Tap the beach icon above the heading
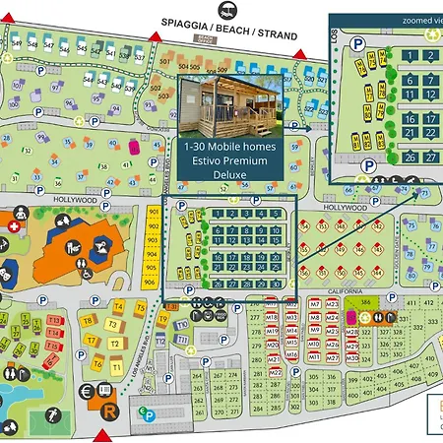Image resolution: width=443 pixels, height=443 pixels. (x=227, y=8)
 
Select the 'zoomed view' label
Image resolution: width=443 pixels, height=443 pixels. (x=397, y=19)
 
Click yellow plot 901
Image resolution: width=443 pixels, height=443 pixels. (x=153, y=212)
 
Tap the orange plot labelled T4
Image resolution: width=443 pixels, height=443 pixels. (x=117, y=306)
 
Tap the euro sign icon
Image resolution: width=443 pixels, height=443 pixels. (x=87, y=392)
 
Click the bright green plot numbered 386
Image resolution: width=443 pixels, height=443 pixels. (x=365, y=302)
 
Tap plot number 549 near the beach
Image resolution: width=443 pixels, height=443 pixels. (x=33, y=44)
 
